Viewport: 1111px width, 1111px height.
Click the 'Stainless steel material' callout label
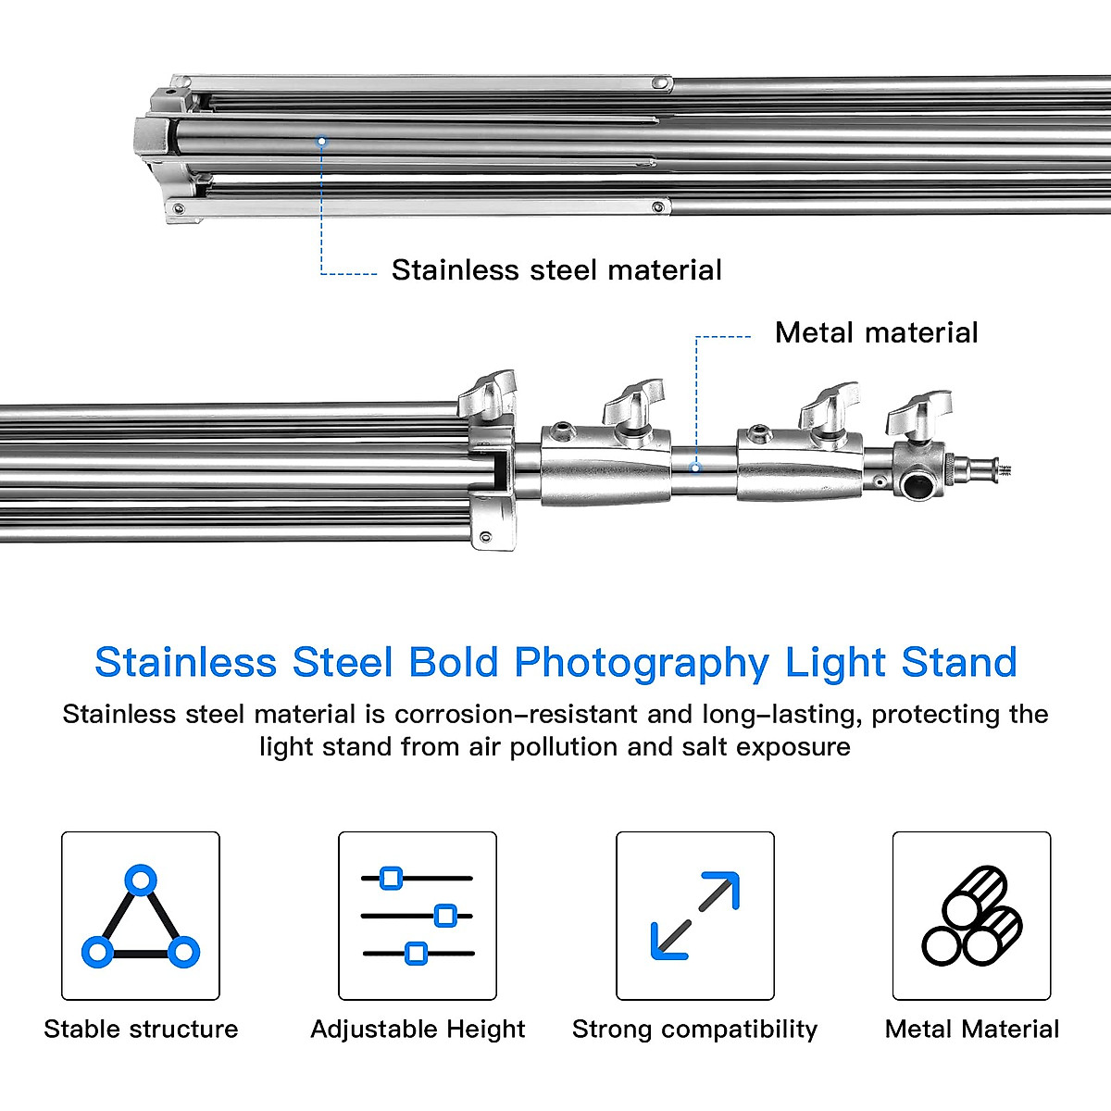click(x=555, y=270)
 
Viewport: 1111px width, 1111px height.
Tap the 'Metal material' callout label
click(x=876, y=332)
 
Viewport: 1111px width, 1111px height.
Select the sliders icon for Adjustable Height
click(x=418, y=916)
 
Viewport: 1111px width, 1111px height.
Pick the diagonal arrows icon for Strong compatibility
click(x=695, y=916)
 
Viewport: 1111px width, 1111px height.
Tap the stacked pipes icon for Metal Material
click(x=972, y=916)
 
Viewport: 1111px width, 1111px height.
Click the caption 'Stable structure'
click(x=141, y=1029)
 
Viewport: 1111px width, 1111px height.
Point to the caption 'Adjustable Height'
click(x=418, y=1029)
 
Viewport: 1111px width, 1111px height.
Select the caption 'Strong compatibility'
click(x=695, y=1029)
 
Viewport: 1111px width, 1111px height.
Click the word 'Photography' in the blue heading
click(x=641, y=663)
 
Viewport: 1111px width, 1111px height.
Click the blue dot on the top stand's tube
click(x=321, y=142)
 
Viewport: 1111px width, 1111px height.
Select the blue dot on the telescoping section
click(x=697, y=468)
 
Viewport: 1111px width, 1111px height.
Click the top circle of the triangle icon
click(x=141, y=879)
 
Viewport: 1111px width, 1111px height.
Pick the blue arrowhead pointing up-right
click(x=725, y=886)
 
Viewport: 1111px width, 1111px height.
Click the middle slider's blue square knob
click(x=445, y=916)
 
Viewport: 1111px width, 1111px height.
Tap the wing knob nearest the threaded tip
click(x=918, y=413)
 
